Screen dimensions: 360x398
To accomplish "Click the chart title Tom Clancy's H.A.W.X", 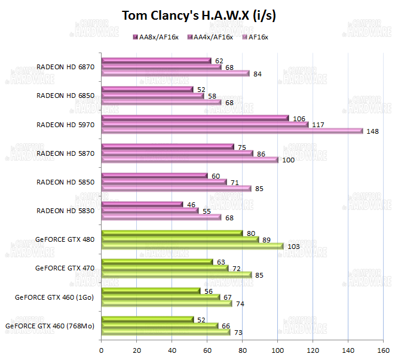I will pos(198,16).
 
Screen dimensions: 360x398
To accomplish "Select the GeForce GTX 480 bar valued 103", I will pos(192,246).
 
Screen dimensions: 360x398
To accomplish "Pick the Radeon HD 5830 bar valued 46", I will pos(142,204).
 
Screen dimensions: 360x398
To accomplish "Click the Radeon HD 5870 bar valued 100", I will pos(189,159).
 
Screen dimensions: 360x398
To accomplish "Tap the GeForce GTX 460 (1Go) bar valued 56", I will pos(151,291).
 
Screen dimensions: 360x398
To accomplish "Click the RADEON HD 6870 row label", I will pos(66,67).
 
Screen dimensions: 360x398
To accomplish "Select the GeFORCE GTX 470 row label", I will pos(65,267).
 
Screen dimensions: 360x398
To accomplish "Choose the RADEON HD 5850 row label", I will pos(66,181).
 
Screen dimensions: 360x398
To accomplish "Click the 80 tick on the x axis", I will pos(243,350).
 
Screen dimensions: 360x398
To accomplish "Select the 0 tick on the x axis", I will pos(102,350).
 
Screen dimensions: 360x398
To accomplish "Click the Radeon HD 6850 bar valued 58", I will pos(152,96).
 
